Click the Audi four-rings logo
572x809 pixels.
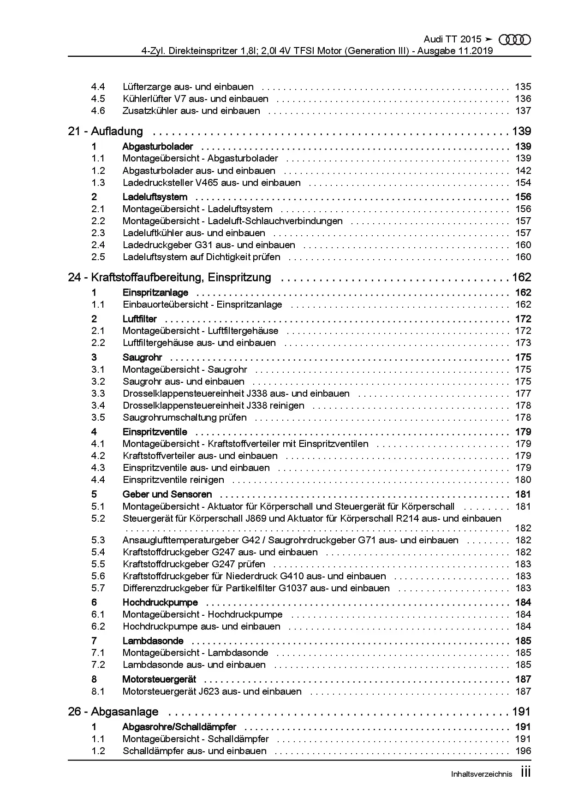tap(515, 40)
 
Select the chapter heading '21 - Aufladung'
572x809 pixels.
tap(105, 131)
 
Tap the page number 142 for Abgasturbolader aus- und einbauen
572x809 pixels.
tap(523, 171)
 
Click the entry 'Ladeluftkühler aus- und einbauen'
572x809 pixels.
tap(194, 233)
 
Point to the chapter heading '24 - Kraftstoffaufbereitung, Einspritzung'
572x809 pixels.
tap(169, 278)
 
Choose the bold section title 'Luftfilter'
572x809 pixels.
tap(139, 319)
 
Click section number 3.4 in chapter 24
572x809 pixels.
tap(98, 405)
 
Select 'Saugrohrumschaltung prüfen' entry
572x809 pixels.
tap(185, 417)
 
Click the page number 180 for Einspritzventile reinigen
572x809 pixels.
tap(523, 480)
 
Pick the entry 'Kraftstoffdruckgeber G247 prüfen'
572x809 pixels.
tap(194, 564)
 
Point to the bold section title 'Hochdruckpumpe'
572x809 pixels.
tap(160, 602)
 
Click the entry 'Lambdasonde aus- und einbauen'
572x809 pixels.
tap(194, 665)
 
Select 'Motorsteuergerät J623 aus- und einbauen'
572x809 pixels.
tap(212, 691)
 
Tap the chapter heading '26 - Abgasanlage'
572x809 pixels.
tap(113, 712)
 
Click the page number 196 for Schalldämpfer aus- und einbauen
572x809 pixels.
tap(523, 751)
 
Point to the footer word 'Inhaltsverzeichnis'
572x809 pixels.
tap(481, 774)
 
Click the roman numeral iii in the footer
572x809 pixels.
tap(525, 773)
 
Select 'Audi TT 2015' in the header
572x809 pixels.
tap(452, 40)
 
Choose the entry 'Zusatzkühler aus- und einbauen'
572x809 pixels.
tap(191, 111)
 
